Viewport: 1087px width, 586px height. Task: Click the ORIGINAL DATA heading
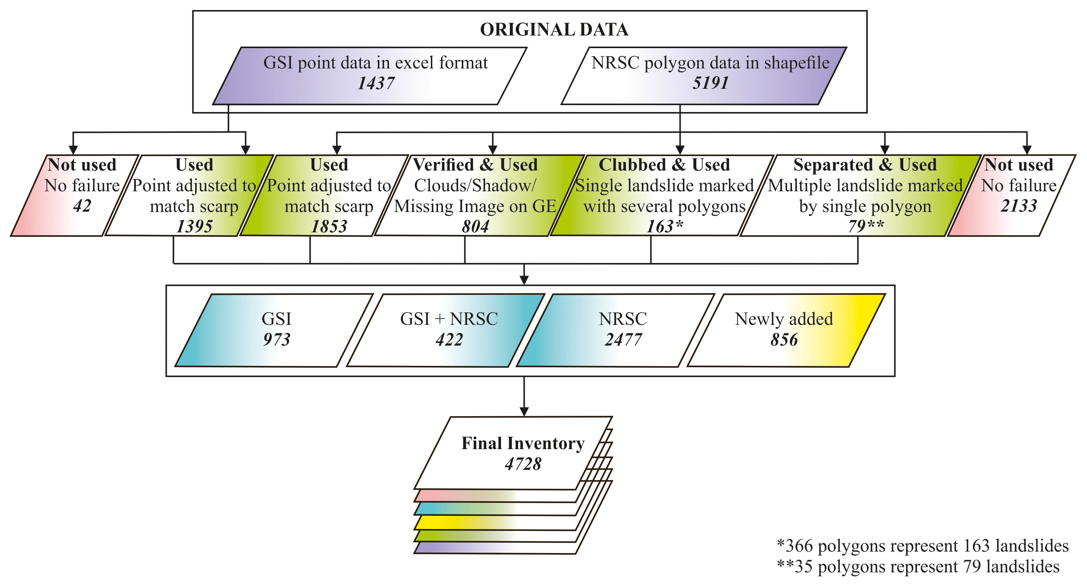[554, 30]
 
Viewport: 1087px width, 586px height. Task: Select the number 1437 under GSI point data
[376, 83]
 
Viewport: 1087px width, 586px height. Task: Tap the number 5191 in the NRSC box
[711, 83]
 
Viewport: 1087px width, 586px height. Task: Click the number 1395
[194, 226]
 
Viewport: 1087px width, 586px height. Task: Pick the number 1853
[329, 226]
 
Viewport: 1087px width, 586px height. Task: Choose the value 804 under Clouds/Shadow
[475, 226]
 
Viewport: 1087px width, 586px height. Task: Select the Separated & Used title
[865, 165]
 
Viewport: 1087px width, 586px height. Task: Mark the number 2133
[1019, 206]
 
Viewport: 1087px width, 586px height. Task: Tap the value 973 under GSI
[277, 340]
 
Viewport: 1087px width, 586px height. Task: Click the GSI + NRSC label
[449, 319]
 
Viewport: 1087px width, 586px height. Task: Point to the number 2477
[623, 340]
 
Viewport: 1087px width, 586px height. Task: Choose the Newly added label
[784, 319]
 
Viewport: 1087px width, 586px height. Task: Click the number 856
[784, 340]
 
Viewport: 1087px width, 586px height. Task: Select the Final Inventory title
[523, 443]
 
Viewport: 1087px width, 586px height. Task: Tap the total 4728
[523, 464]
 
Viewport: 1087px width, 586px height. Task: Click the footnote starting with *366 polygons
[922, 546]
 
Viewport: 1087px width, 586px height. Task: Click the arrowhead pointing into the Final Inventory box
[524, 412]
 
